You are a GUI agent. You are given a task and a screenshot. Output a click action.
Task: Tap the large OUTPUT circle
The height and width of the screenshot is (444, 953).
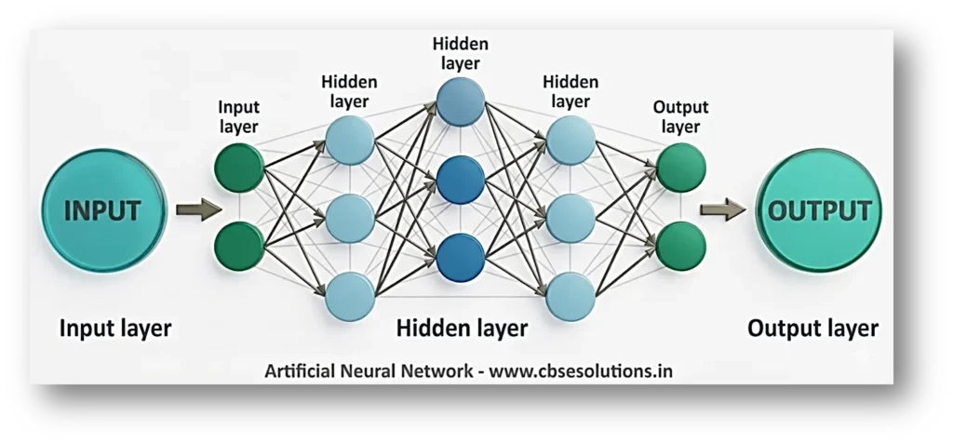point(820,210)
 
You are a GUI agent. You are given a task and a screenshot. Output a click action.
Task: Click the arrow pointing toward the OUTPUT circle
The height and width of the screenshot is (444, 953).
point(723,210)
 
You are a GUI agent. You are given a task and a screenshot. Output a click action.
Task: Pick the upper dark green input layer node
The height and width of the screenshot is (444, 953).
point(239,168)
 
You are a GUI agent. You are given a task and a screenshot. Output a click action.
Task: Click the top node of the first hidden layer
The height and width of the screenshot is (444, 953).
point(350,142)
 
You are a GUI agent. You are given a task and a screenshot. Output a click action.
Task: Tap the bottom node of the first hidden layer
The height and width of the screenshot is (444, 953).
point(350,293)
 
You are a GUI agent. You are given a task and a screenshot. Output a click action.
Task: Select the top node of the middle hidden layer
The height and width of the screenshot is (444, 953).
point(460,102)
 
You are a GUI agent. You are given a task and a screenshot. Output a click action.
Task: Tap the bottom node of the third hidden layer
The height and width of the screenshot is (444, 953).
point(570,293)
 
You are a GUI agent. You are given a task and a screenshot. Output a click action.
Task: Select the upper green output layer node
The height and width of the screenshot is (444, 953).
point(680,168)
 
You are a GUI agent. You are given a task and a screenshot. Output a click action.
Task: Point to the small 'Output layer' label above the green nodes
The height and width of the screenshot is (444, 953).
point(680,116)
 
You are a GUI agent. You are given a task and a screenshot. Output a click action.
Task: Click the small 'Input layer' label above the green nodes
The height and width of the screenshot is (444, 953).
point(239,117)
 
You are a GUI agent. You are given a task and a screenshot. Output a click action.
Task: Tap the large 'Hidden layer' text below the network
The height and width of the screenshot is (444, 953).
point(462,328)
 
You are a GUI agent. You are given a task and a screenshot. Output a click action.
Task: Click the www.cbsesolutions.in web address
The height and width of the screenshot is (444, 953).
point(581,370)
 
